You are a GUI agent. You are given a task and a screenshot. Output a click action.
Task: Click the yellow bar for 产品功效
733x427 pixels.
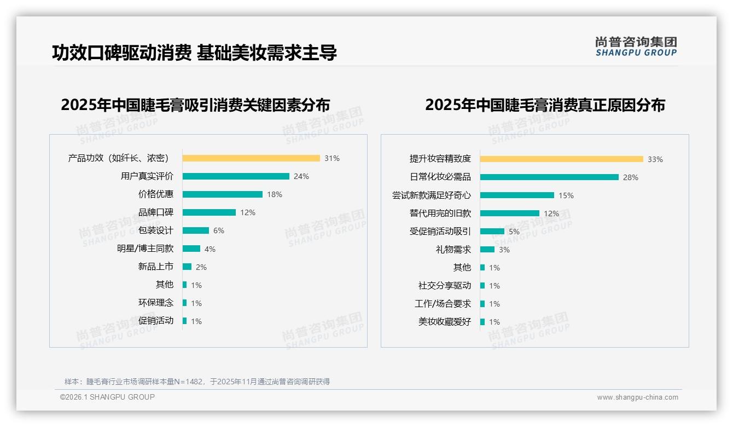pyautogui.click(x=251, y=158)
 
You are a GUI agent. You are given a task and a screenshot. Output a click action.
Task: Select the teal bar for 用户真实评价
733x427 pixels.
pyautogui.click(x=236, y=176)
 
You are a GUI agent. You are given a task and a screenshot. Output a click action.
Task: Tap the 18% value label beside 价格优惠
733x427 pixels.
pyautogui.click(x=275, y=194)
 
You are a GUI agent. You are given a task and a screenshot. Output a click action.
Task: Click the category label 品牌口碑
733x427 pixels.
pyautogui.click(x=156, y=212)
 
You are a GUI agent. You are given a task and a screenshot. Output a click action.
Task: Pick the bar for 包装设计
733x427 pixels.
pyautogui.click(x=196, y=230)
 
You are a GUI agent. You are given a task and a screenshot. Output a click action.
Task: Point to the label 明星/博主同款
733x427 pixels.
pyautogui.click(x=145, y=249)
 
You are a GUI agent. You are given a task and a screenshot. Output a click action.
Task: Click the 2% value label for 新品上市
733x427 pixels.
pyautogui.click(x=201, y=267)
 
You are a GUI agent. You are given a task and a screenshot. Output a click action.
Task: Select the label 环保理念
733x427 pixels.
pyautogui.click(x=156, y=303)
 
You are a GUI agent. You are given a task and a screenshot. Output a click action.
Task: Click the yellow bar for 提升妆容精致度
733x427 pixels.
pyautogui.click(x=562, y=159)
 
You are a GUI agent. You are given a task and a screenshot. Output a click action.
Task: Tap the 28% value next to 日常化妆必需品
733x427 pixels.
pyautogui.click(x=631, y=177)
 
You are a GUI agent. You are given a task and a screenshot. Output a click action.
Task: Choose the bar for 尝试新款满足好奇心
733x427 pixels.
pyautogui.click(x=517, y=195)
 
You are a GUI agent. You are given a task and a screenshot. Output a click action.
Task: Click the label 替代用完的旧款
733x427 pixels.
pyautogui.click(x=440, y=214)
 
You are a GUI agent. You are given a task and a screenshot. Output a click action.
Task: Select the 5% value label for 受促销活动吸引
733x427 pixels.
pyautogui.click(x=514, y=232)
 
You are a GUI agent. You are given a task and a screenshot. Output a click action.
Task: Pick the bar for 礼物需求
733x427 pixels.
pyautogui.click(x=487, y=250)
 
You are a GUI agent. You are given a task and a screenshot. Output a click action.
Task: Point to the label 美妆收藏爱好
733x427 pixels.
pyautogui.click(x=445, y=322)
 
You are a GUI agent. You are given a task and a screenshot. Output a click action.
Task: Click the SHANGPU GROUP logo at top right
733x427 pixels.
pyautogui.click(x=636, y=47)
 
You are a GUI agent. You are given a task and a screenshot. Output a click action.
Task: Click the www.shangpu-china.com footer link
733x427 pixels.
pyautogui.click(x=637, y=397)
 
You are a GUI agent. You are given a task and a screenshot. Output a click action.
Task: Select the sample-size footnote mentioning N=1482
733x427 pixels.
pyautogui.click(x=197, y=382)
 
